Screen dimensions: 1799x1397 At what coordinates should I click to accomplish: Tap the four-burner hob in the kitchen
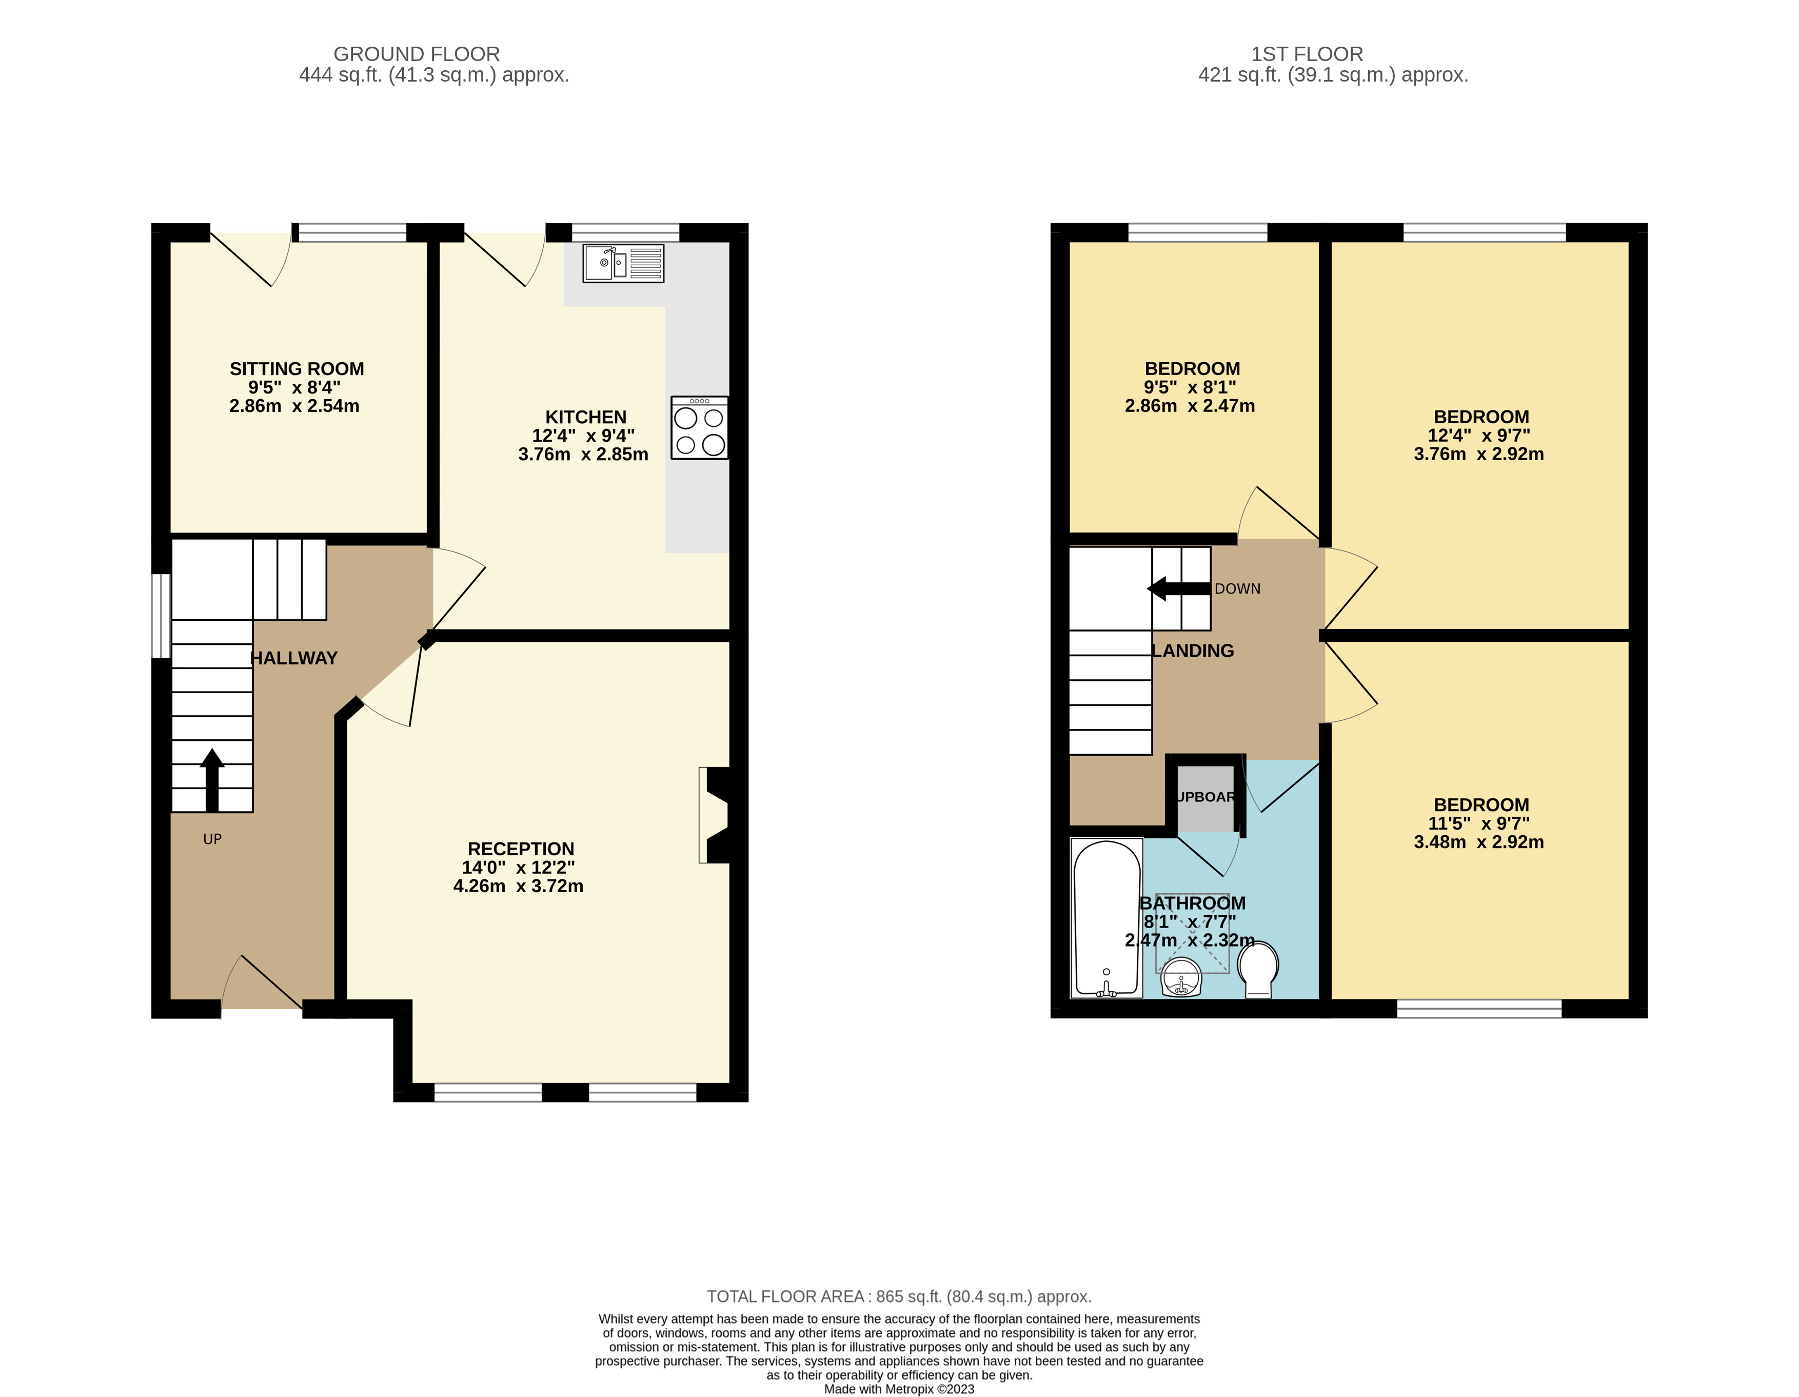point(699,427)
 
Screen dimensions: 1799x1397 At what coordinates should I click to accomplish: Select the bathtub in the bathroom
point(1106,918)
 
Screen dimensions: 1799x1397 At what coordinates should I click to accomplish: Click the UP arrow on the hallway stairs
point(212,780)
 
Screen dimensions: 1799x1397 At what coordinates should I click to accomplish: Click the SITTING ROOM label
point(296,369)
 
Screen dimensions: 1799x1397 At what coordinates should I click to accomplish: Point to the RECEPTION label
point(521,849)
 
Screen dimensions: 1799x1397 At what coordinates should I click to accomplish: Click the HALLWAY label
point(294,658)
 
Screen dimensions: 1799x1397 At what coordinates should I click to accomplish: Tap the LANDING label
point(1193,651)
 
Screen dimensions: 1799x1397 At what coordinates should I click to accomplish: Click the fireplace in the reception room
point(714,815)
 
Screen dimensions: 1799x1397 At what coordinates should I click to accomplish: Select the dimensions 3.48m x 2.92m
point(1478,842)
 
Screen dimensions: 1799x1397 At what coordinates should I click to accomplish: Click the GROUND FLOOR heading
point(417,54)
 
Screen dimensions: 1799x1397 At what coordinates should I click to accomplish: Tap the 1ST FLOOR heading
point(1307,54)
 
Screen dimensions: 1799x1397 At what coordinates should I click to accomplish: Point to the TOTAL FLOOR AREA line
point(900,1296)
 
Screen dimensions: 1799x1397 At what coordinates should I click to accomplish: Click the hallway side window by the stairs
point(162,616)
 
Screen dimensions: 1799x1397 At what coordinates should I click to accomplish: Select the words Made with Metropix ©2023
point(900,1389)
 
